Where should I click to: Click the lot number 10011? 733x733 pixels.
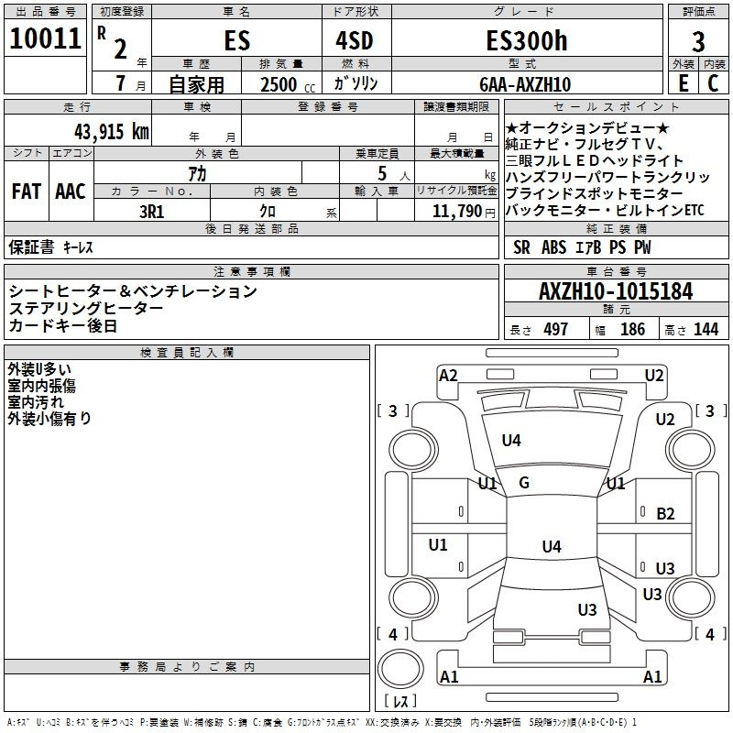point(45,38)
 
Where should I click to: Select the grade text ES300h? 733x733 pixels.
point(527,40)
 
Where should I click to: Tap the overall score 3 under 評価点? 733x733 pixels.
point(698,42)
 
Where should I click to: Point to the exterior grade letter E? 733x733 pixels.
point(684,83)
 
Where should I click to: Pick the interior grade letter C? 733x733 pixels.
point(713,83)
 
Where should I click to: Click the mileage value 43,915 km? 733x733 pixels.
point(112,131)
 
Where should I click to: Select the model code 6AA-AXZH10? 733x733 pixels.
point(525,84)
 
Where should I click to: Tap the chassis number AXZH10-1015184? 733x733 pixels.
point(616,291)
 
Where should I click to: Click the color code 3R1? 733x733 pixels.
point(152,212)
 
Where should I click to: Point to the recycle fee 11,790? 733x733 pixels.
point(457,212)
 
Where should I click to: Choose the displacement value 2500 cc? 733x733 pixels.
point(288,84)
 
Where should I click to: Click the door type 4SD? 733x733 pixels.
point(355,40)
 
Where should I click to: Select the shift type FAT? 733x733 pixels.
point(27,191)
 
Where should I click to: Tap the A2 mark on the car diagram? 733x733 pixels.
point(448,376)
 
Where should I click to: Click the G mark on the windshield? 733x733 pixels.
point(524,483)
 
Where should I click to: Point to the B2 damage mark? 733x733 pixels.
point(665,514)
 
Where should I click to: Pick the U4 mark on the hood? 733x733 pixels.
point(511,440)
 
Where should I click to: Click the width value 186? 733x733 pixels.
point(632,329)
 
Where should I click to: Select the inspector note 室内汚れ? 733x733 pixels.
point(36,402)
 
